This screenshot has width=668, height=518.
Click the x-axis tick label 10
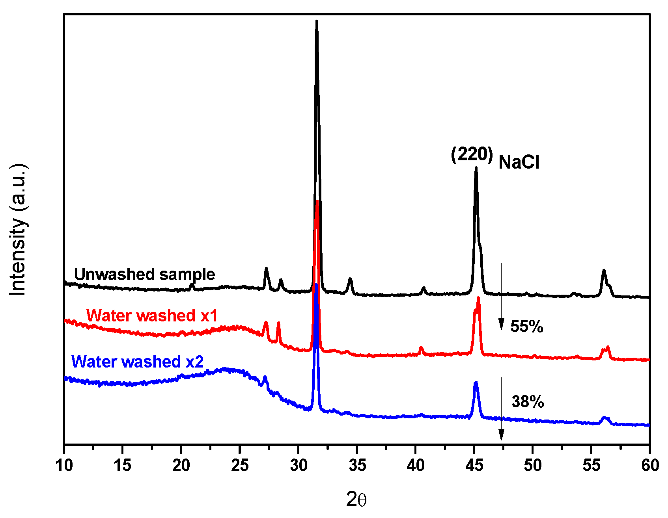click(64, 466)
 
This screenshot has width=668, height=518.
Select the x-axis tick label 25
click(240, 466)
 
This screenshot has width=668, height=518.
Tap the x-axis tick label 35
click(357, 466)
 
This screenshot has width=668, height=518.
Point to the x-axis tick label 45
click(474, 466)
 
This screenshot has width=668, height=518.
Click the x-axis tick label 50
click(533, 466)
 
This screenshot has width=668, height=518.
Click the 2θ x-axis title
click(356, 500)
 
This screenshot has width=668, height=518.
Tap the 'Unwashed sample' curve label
click(144, 274)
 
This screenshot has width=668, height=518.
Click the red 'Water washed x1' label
click(152, 316)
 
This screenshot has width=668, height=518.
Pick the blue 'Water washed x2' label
click(137, 362)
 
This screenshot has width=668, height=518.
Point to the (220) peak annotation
click(472, 154)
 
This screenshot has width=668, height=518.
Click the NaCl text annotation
click(519, 162)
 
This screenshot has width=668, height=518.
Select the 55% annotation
click(526, 327)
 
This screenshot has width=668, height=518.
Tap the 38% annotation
click(528, 402)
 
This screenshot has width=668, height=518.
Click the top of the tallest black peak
click(317, 22)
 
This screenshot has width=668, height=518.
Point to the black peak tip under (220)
click(476, 168)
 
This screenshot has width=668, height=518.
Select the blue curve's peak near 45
click(476, 382)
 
